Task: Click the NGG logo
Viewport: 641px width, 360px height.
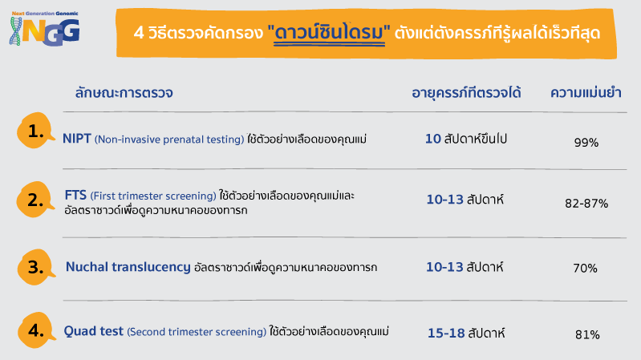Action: pyautogui.click(x=44, y=28)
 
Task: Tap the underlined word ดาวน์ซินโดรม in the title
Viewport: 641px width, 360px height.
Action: pyautogui.click(x=329, y=33)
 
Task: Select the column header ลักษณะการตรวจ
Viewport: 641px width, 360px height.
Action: pyautogui.click(x=124, y=93)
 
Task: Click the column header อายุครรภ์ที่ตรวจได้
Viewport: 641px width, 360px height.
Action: pyautogui.click(x=466, y=93)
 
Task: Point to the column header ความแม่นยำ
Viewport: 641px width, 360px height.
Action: pyautogui.click(x=586, y=93)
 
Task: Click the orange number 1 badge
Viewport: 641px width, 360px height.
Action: pyautogui.click(x=35, y=131)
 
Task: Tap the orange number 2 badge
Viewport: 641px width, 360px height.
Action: pyautogui.click(x=35, y=200)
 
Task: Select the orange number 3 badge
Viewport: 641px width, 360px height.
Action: pyautogui.click(x=36, y=267)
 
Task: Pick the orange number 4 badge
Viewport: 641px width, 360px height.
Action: pyautogui.click(x=36, y=330)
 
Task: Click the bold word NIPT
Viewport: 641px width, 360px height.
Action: pyautogui.click(x=76, y=139)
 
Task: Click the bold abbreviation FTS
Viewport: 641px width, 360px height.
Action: pyautogui.click(x=75, y=195)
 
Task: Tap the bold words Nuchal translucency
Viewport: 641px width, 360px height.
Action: pyautogui.click(x=128, y=267)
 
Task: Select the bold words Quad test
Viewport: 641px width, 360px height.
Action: pyautogui.click(x=94, y=330)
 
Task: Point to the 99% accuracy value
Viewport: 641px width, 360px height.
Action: pyautogui.click(x=586, y=142)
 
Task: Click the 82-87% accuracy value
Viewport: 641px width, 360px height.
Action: pyautogui.click(x=586, y=203)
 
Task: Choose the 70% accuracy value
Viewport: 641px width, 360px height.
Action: pyautogui.click(x=585, y=268)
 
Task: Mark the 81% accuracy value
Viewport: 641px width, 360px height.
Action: pyautogui.click(x=587, y=334)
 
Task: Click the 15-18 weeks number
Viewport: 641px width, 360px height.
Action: pyautogui.click(x=446, y=333)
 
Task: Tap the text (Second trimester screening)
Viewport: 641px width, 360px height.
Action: pyautogui.click(x=197, y=331)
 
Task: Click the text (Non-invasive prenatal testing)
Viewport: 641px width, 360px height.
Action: pyautogui.click(x=169, y=140)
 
